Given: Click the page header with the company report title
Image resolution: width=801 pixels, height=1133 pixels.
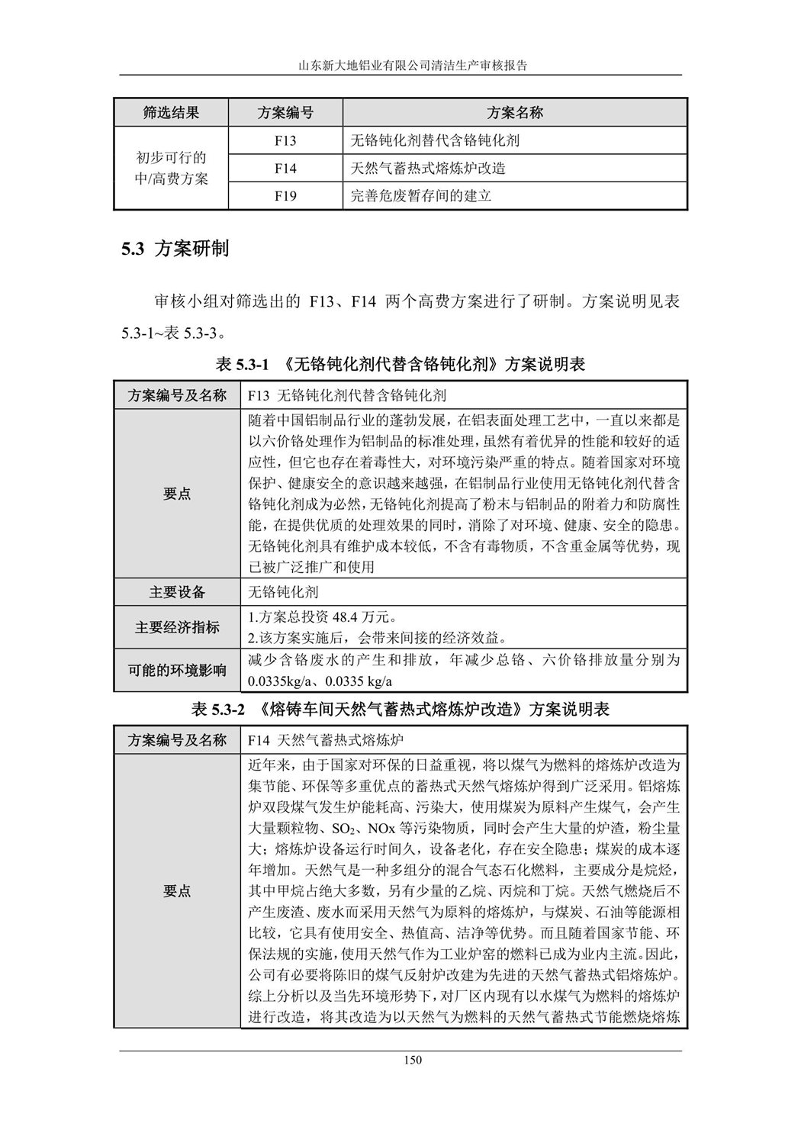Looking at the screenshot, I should click(x=401, y=66).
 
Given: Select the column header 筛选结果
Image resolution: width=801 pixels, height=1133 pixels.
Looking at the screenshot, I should click(x=171, y=113).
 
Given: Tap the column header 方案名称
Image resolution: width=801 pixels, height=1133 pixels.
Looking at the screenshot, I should click(x=515, y=113).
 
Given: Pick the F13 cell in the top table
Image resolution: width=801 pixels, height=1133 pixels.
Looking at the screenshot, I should click(x=285, y=141).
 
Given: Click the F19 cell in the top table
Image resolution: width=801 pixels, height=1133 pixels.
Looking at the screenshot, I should click(x=285, y=196).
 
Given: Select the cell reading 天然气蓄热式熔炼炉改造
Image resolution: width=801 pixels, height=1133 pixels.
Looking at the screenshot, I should click(x=428, y=169).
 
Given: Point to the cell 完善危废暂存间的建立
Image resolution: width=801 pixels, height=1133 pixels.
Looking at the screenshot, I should click(x=421, y=196).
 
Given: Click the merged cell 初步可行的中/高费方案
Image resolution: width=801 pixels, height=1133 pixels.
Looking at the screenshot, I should click(x=171, y=169).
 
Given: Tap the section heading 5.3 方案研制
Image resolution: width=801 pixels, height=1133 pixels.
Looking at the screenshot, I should click(x=175, y=249).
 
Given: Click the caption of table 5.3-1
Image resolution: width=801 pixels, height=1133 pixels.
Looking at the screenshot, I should click(x=400, y=365).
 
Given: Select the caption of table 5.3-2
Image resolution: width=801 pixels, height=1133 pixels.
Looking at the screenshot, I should click(x=400, y=710).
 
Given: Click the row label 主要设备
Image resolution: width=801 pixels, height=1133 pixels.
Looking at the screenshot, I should click(x=177, y=592).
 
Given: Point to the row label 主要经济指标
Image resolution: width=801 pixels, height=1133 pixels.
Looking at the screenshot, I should click(x=177, y=627).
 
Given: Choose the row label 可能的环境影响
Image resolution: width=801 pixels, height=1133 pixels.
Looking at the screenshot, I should click(x=177, y=671).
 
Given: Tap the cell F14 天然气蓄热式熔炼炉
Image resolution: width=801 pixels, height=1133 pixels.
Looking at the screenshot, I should click(x=326, y=740).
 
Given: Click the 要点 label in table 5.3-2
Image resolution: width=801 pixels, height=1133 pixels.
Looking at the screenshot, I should click(x=177, y=890).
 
